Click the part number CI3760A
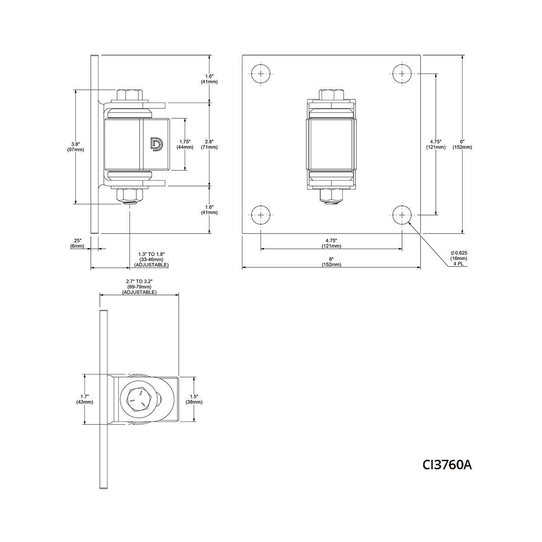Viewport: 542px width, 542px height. [x=447, y=464]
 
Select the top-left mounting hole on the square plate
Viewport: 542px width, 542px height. [x=261, y=74]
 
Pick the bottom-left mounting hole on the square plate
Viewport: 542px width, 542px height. [x=261, y=215]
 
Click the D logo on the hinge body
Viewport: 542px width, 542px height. [x=156, y=144]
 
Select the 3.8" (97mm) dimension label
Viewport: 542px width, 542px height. [x=75, y=147]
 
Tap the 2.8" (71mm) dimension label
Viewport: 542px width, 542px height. [x=209, y=144]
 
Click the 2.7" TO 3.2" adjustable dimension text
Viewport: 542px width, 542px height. [x=139, y=287]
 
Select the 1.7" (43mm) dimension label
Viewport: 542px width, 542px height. [x=85, y=399]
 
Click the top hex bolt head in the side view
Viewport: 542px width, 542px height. [x=131, y=95]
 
